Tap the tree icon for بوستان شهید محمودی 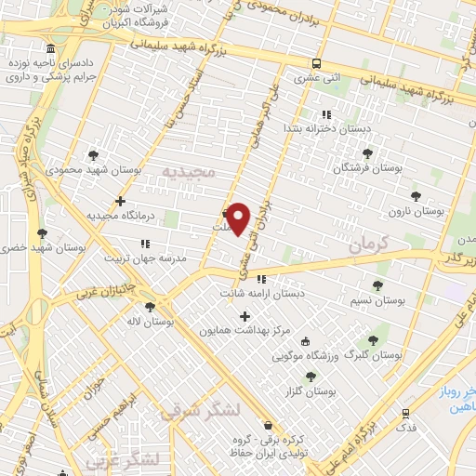tap(92, 155)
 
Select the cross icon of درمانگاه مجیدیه tap(120, 200)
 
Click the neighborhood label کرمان tap(374, 245)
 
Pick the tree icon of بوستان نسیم tap(377, 285)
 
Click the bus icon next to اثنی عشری tap(317, 64)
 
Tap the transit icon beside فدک tap(405, 413)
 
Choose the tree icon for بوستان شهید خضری tap(41, 233)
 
